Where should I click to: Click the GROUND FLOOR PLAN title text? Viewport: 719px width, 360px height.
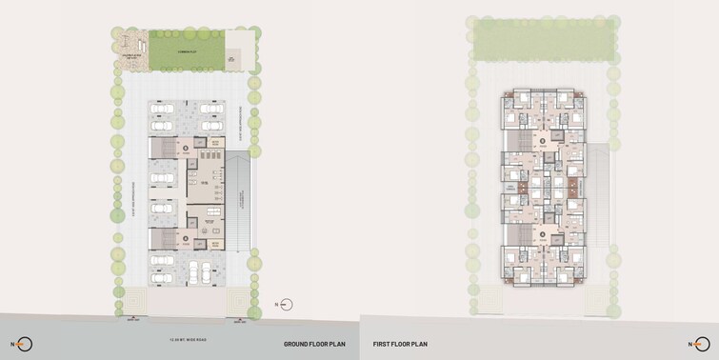click(314, 344)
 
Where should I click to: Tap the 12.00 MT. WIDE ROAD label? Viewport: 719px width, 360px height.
click(187, 338)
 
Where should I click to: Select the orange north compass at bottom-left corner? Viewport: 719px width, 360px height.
click(23, 344)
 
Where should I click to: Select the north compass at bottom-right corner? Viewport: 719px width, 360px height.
click(701, 344)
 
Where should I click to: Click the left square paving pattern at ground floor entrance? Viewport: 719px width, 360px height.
click(133, 303)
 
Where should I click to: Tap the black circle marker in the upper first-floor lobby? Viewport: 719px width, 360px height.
click(544, 142)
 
